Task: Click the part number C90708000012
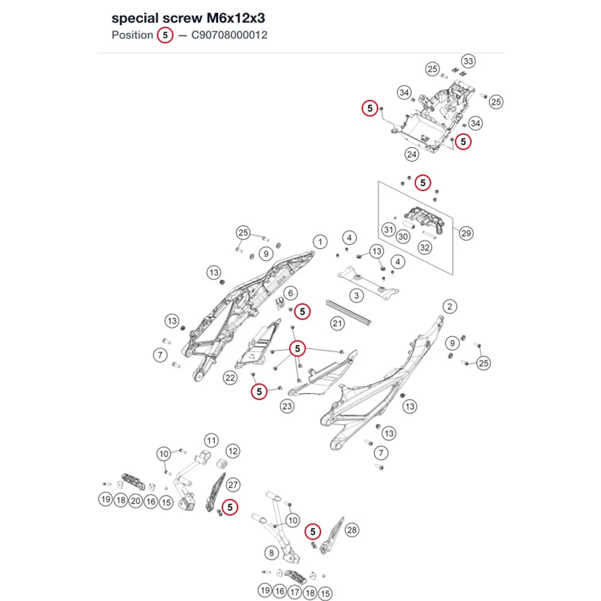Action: pyautogui.click(x=229, y=35)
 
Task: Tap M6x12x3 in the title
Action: pyautogui.click(x=236, y=18)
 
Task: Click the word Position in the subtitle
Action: pyautogui.click(x=132, y=35)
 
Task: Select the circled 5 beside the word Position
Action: pyautogui.click(x=165, y=35)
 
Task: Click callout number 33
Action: pyautogui.click(x=468, y=61)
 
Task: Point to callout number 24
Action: pyautogui.click(x=412, y=154)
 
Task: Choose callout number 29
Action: pyautogui.click(x=466, y=233)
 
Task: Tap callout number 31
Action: pyautogui.click(x=389, y=230)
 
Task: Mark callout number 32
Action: pyautogui.click(x=425, y=248)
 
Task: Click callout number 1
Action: pyautogui.click(x=320, y=242)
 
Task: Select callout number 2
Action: pyautogui.click(x=450, y=307)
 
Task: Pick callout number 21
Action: pyautogui.click(x=337, y=323)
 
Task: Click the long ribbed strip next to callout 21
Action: pyautogui.click(x=349, y=313)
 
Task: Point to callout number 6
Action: pyautogui.click(x=290, y=294)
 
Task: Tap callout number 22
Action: pyautogui.click(x=230, y=378)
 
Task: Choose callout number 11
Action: pyautogui.click(x=211, y=441)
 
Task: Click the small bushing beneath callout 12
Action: pyautogui.click(x=222, y=464)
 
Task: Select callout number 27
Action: pyautogui.click(x=233, y=485)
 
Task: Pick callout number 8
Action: pyautogui.click(x=272, y=553)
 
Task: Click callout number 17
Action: pyautogui.click(x=294, y=592)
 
